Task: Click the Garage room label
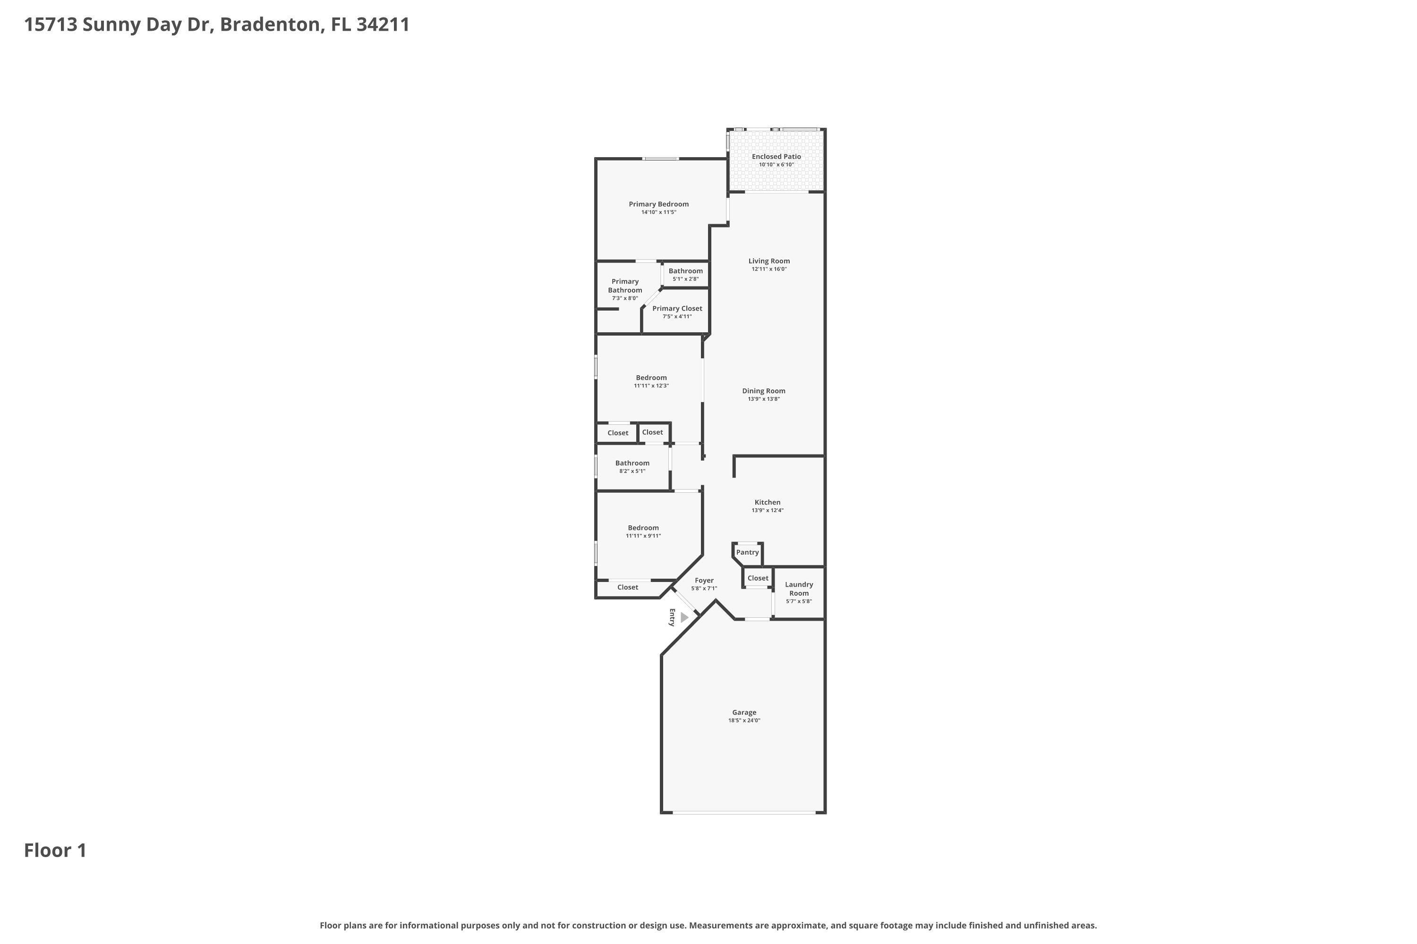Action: tap(744, 712)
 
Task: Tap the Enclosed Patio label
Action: tap(776, 157)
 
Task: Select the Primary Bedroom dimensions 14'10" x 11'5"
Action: tap(658, 212)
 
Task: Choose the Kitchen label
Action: tap(767, 502)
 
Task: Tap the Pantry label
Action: tap(747, 552)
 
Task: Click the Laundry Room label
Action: tap(799, 589)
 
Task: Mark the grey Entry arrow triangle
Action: tap(684, 617)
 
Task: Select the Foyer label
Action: tap(704, 581)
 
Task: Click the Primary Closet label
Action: tap(677, 308)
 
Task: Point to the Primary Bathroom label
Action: tap(625, 286)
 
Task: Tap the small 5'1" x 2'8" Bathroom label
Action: tap(686, 271)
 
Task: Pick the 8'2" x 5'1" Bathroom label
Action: tap(632, 463)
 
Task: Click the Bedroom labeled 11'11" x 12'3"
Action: tap(651, 378)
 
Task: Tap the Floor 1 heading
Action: tap(55, 850)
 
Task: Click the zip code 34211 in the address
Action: tap(383, 25)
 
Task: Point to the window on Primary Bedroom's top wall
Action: tap(660, 159)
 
